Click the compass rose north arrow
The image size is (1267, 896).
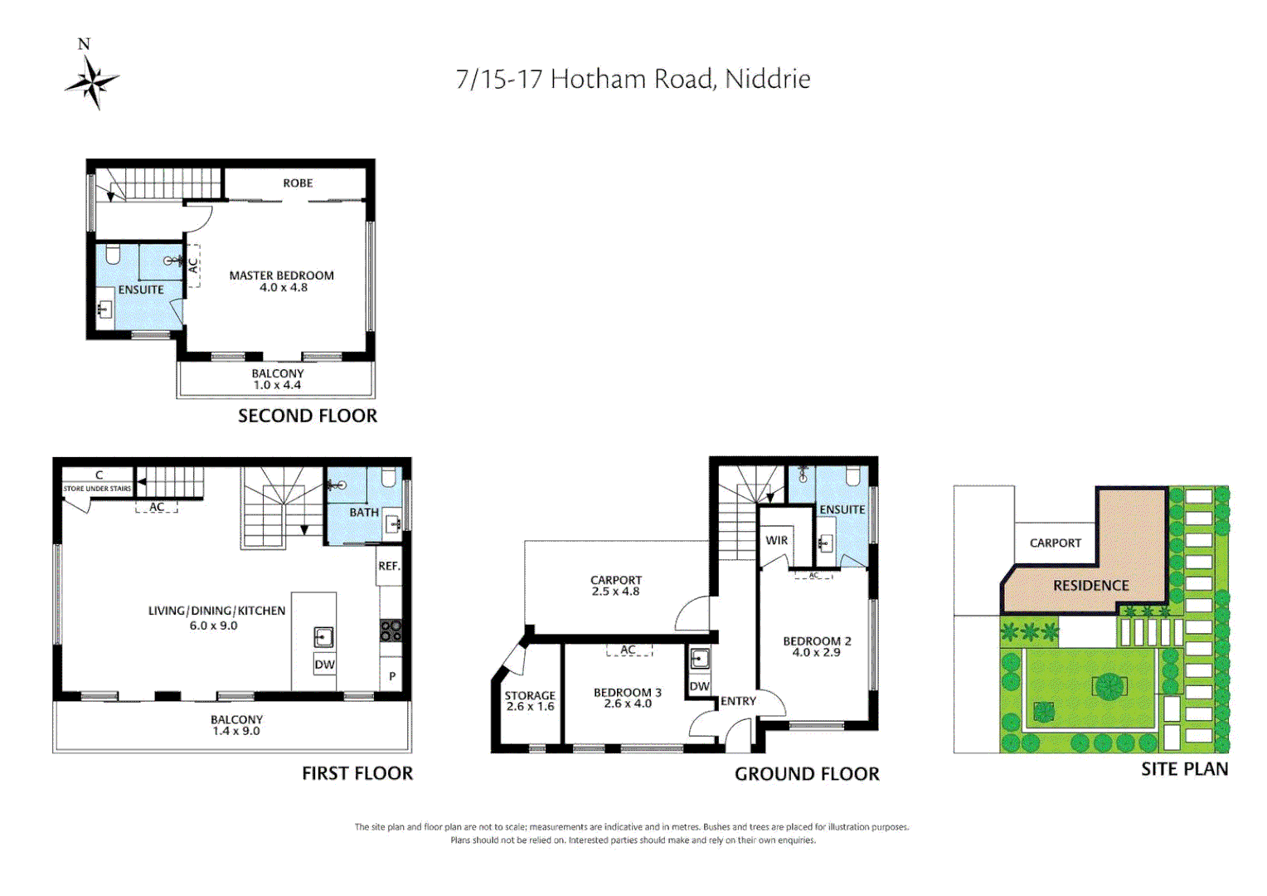click(91, 80)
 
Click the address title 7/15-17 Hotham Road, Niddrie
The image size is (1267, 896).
click(633, 79)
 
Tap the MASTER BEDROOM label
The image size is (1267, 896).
click(281, 275)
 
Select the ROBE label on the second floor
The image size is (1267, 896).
click(298, 183)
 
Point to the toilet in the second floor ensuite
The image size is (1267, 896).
click(114, 254)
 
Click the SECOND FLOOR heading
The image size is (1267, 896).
click(307, 416)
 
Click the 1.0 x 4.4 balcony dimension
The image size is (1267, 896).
click(277, 385)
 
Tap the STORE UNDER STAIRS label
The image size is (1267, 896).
click(97, 489)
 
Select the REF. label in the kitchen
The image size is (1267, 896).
click(389, 566)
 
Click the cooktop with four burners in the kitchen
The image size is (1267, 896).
click(391, 631)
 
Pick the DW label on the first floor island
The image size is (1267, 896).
click(324, 665)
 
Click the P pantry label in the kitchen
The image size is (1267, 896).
click(392, 676)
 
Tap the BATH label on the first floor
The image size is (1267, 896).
click(363, 513)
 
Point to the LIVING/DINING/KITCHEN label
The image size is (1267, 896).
click(216, 611)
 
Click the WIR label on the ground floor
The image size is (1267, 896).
click(776, 540)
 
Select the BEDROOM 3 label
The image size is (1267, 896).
click(627, 692)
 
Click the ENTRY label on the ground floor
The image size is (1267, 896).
click(738, 701)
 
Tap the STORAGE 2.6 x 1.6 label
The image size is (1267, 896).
click(530, 701)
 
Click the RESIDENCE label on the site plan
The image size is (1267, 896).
click(1090, 586)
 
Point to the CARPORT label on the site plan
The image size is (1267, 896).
click(1055, 543)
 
